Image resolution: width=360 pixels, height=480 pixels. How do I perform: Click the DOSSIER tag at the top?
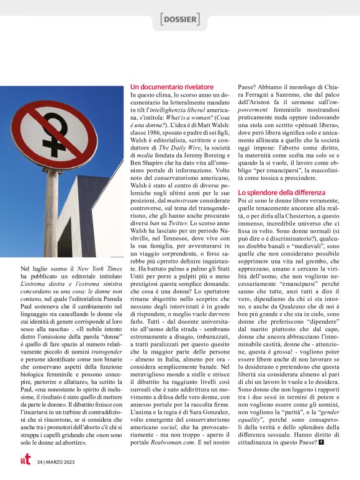point(180,20)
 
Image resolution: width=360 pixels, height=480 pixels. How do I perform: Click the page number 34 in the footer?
point(40,461)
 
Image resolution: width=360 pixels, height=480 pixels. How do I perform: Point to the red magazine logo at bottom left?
point(25,460)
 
